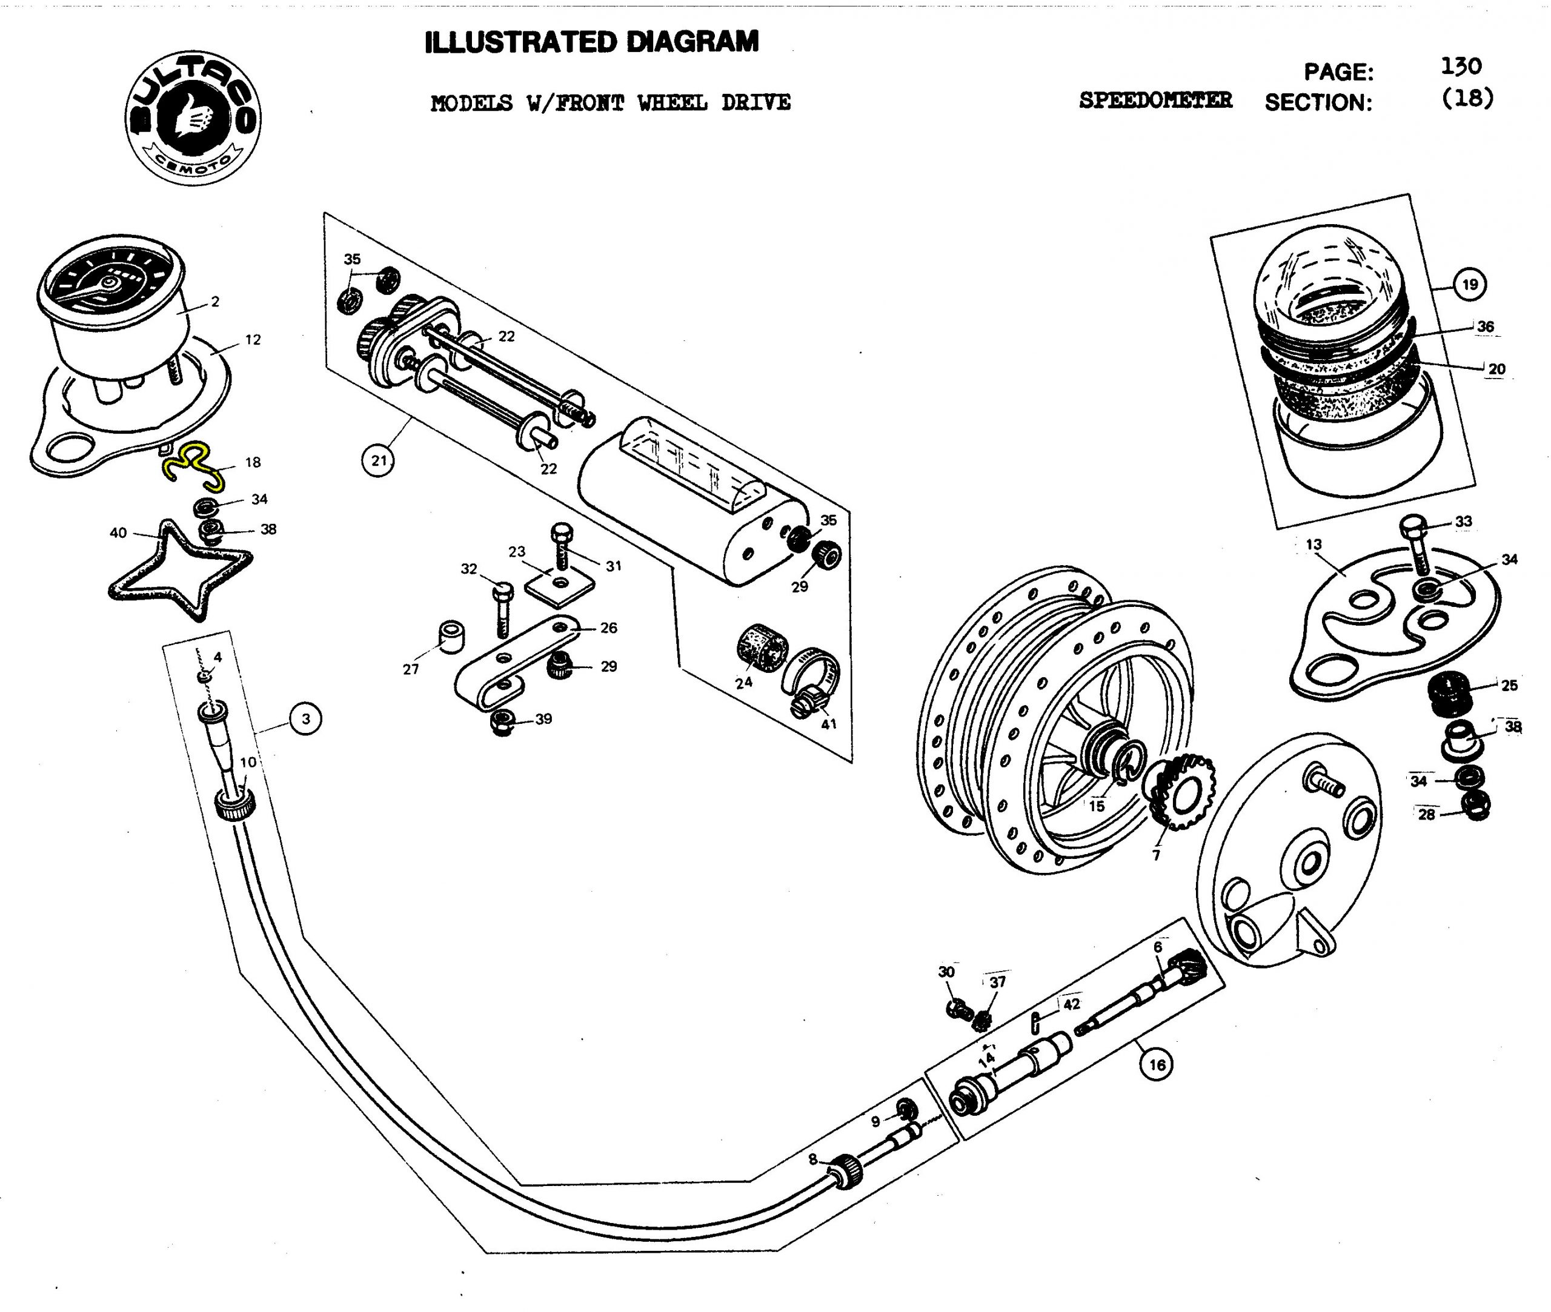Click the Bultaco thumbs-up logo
pyautogui.click(x=193, y=118)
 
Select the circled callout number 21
pyautogui.click(x=379, y=460)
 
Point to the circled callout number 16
pyautogui.click(x=1157, y=1064)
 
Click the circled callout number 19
pyautogui.click(x=1470, y=284)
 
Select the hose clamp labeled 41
pyautogui.click(x=813, y=681)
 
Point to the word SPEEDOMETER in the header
pyautogui.click(x=1155, y=101)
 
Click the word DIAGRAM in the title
pyautogui.click(x=692, y=42)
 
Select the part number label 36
pyautogui.click(x=1486, y=326)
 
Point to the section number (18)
pyautogui.click(x=1467, y=98)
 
